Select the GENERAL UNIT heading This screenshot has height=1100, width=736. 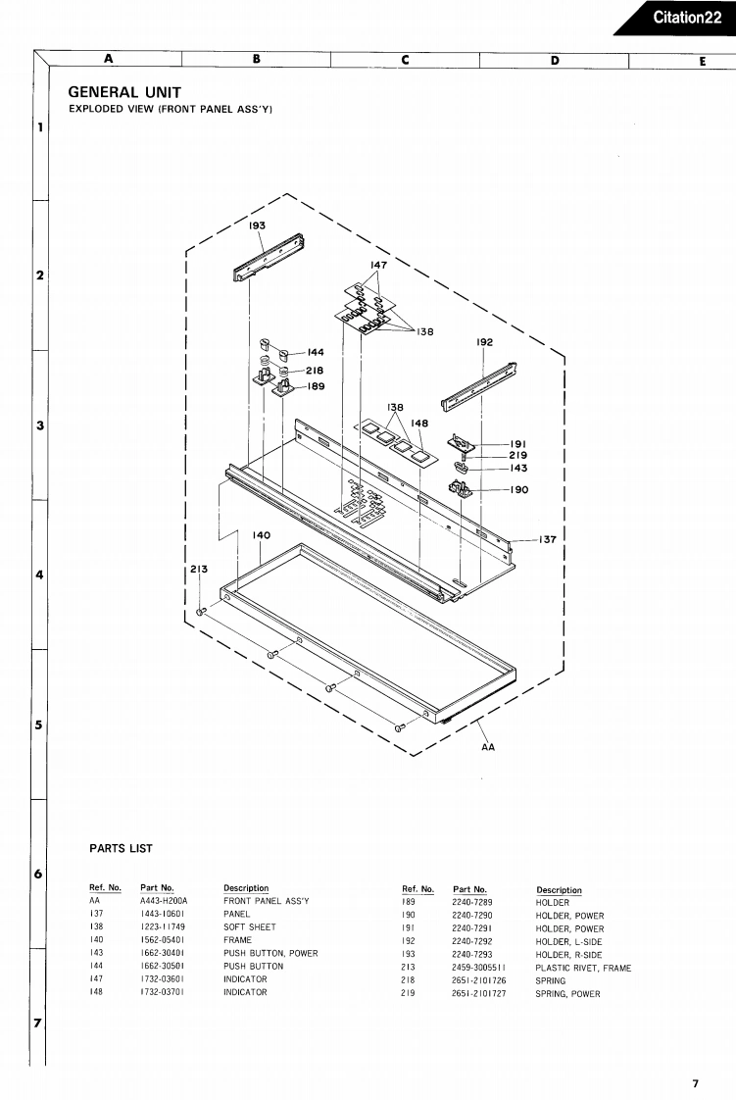pyautogui.click(x=124, y=92)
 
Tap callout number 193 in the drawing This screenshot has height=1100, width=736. pyautogui.click(x=257, y=225)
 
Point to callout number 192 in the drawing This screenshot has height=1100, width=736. pyautogui.click(x=484, y=343)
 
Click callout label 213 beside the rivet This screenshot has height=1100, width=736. pyautogui.click(x=199, y=569)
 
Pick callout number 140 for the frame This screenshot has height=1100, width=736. pyautogui.click(x=261, y=535)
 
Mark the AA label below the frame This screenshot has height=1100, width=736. pyautogui.click(x=488, y=747)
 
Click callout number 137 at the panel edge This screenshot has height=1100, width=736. pyautogui.click(x=547, y=539)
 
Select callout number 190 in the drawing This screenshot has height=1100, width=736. pyautogui.click(x=518, y=490)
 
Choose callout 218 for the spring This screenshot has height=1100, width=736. pyautogui.click(x=314, y=371)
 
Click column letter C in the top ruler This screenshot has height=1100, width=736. pyautogui.click(x=405, y=60)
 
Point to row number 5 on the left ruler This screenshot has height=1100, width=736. pyautogui.click(x=40, y=725)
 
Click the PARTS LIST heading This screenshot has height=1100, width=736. pyautogui.click(x=121, y=848)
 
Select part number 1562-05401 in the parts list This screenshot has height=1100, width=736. pyautogui.click(x=162, y=940)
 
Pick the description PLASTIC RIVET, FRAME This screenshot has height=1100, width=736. pyautogui.click(x=583, y=968)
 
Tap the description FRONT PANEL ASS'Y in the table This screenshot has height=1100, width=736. pyautogui.click(x=266, y=901)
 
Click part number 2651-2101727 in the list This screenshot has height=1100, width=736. pyautogui.click(x=479, y=993)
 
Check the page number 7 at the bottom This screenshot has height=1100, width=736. pyautogui.click(x=695, y=1083)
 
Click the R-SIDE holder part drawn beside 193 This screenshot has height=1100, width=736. pyautogui.click(x=270, y=257)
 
